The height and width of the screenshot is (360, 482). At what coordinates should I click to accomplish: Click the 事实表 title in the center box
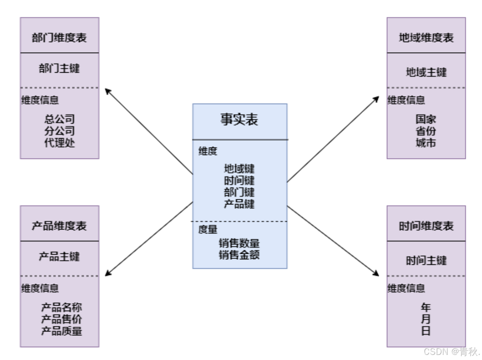pos(239,120)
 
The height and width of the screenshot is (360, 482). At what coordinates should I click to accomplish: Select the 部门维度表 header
pos(60,37)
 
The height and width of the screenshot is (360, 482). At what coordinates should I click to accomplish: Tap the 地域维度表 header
pos(426,37)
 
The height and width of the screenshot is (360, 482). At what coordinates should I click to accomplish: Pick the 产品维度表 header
pos(60,226)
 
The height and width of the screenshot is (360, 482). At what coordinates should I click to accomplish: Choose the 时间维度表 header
pos(426,226)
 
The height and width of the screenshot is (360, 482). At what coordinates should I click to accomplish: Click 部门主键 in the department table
pos(60,68)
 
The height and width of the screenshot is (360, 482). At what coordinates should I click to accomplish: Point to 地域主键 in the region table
pos(426,72)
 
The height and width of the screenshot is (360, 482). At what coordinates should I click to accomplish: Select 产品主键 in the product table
pos(60,257)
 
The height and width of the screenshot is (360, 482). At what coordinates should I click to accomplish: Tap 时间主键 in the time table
pos(426,261)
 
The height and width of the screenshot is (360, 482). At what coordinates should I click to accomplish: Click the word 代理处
pos(60,143)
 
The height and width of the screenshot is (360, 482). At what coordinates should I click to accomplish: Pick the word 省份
pos(426,131)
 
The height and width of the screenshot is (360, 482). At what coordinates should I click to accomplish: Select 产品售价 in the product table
pos(61,319)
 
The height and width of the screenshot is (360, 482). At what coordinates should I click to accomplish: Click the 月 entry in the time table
pos(426,319)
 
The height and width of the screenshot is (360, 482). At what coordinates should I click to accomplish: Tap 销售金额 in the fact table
pos(239,255)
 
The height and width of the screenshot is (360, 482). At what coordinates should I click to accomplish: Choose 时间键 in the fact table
pos(239,180)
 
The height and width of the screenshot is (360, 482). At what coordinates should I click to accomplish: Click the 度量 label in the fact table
pos(208,230)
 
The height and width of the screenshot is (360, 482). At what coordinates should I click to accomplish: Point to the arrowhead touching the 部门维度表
pos(108,91)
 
